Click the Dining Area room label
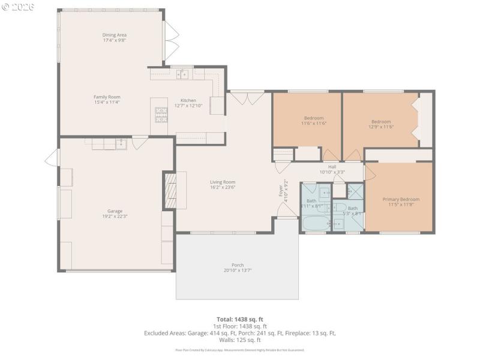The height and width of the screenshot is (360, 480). (114, 35)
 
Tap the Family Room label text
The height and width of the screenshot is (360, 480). (107, 97)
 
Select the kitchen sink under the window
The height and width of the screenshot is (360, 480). (182, 74)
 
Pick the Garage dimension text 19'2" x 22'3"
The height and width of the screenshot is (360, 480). (115, 217)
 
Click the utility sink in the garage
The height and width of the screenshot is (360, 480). (121, 143)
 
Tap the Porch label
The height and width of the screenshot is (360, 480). (238, 265)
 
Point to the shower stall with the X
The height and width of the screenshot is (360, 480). (355, 192)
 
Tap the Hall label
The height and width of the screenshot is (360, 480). (332, 167)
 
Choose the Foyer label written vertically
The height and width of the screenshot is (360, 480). (280, 191)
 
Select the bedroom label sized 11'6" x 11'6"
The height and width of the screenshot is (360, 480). (313, 118)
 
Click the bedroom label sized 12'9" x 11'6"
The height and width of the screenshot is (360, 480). (380, 122)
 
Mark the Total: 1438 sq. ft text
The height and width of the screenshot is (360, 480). (240, 319)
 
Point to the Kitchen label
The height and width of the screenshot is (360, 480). (188, 101)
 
